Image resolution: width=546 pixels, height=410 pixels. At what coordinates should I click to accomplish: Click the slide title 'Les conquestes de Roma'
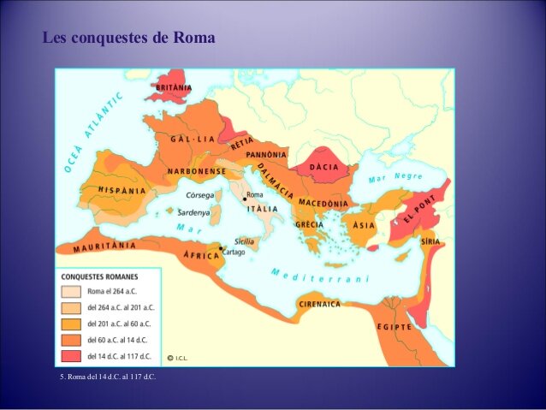click(x=128, y=39)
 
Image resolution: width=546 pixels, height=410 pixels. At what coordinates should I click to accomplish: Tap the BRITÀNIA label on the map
click(x=174, y=87)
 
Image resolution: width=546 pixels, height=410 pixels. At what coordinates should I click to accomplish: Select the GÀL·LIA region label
click(x=193, y=140)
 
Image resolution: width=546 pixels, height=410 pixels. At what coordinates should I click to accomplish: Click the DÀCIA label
click(x=324, y=166)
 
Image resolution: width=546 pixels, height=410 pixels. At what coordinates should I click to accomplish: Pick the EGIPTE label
click(x=394, y=327)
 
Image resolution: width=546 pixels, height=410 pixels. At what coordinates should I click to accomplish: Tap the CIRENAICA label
click(x=319, y=305)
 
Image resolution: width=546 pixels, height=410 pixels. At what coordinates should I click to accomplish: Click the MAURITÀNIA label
click(x=104, y=247)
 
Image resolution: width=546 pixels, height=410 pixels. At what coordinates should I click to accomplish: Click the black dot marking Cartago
click(x=221, y=249)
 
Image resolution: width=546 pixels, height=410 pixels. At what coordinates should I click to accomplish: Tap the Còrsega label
click(x=200, y=196)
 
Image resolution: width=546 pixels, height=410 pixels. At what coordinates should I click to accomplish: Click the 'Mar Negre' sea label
click(x=395, y=178)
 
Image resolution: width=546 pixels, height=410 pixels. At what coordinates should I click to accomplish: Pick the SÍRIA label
click(x=431, y=242)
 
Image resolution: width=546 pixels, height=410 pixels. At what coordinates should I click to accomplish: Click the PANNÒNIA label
click(x=266, y=155)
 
